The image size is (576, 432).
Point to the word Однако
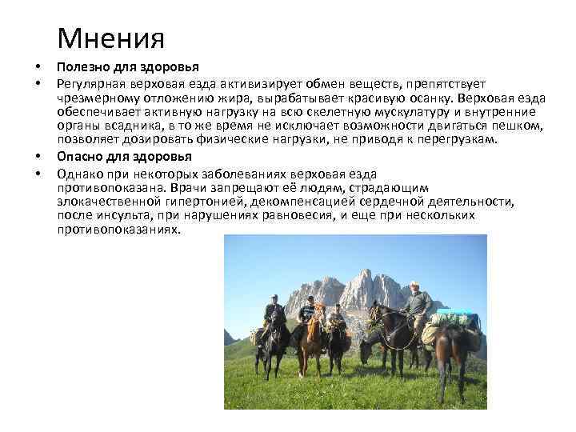[x=78, y=174]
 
